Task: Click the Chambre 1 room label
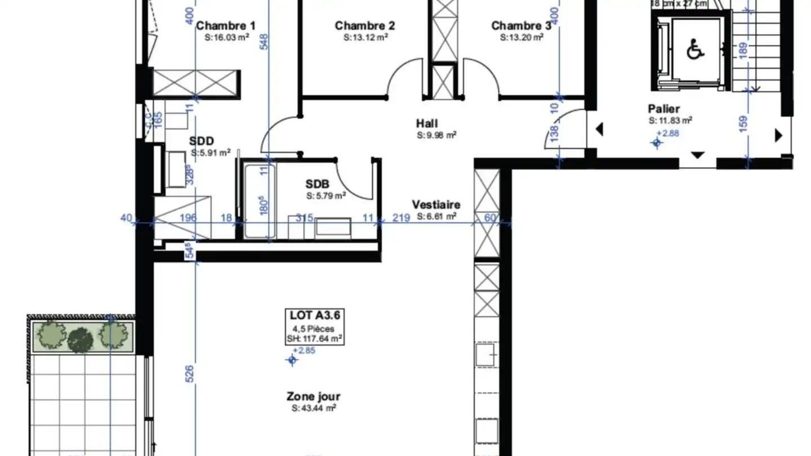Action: (x=225, y=25)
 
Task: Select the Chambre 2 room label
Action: (x=365, y=25)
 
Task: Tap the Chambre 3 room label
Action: (x=521, y=25)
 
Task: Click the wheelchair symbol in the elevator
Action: (x=696, y=51)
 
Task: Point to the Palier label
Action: (x=663, y=109)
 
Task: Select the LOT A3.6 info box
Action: (x=313, y=327)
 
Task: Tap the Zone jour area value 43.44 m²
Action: (x=313, y=408)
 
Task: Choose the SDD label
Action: (x=202, y=141)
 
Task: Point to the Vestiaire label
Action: (x=436, y=204)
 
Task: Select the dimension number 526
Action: (x=189, y=374)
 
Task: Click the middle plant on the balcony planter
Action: (x=81, y=338)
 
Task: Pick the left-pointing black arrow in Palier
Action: (x=599, y=130)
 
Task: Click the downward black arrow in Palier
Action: (x=697, y=155)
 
